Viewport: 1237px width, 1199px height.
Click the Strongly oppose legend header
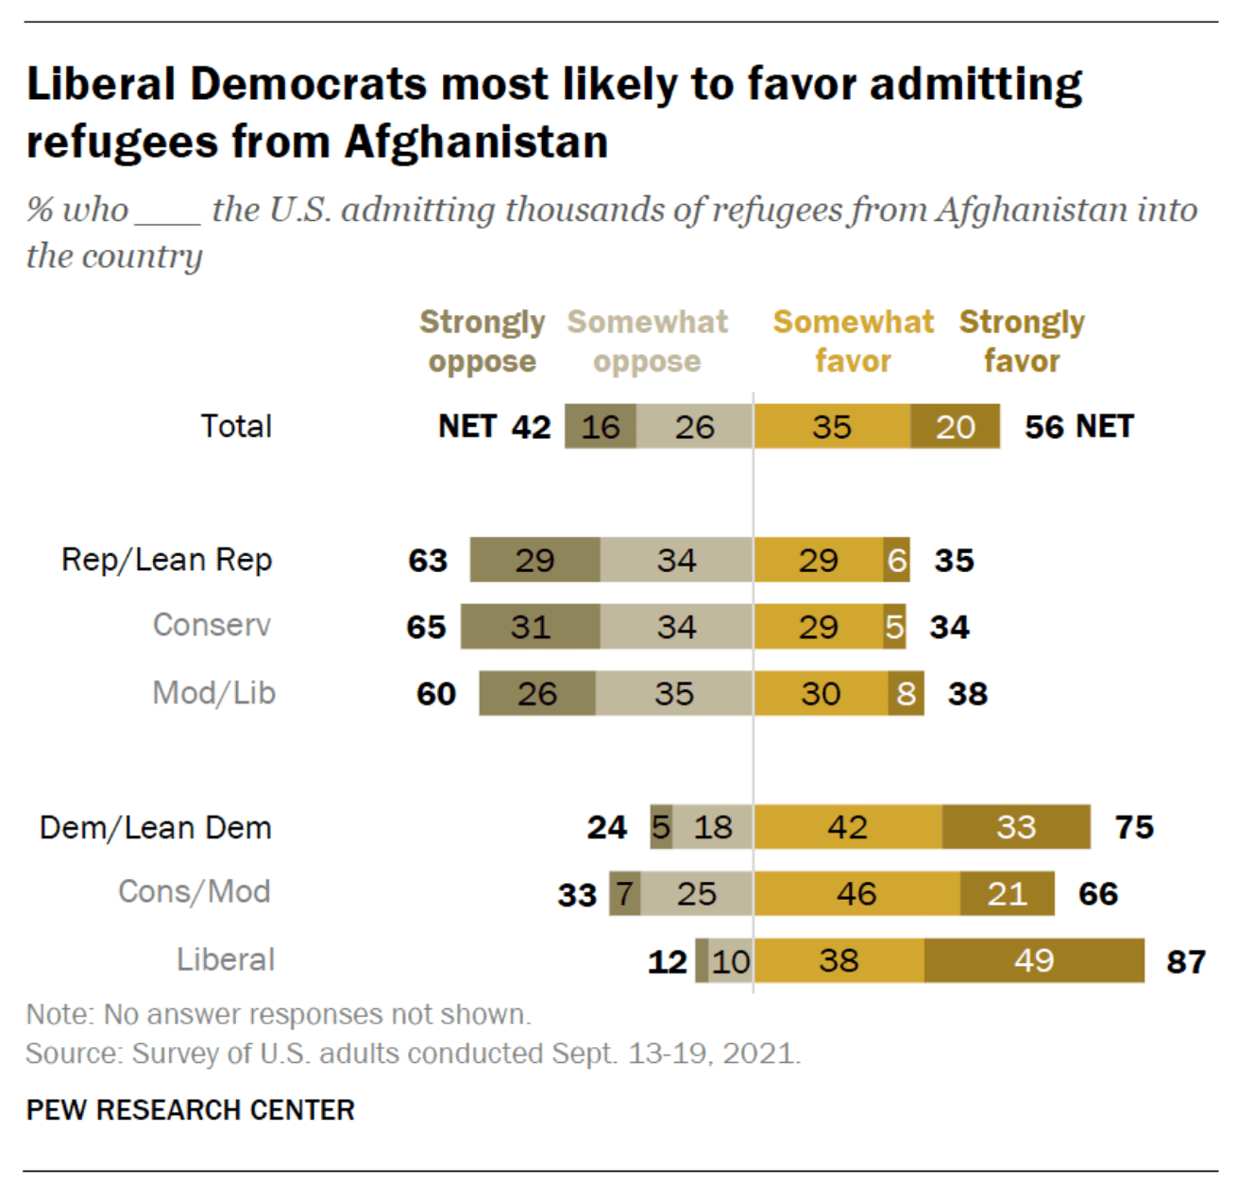(482, 342)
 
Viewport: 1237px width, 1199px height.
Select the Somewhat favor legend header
(853, 342)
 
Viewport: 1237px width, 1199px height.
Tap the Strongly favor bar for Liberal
(1034, 960)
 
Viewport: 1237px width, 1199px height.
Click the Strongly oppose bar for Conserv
(530, 627)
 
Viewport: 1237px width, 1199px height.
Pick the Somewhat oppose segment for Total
(694, 427)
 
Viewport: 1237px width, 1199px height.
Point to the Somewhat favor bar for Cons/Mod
(856, 893)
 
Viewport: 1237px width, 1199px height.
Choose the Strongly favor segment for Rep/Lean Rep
(897, 560)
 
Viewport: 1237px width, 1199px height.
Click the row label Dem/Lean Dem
(156, 828)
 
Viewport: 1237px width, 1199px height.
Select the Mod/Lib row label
(213, 693)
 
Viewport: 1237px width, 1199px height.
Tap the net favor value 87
(1186, 962)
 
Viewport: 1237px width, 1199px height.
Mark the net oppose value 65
(426, 627)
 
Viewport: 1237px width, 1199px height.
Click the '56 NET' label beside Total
(1079, 427)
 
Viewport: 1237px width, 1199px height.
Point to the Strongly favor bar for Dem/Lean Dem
(1016, 827)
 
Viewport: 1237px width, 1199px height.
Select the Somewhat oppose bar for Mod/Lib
(674, 693)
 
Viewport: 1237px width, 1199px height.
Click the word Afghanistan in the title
(476, 143)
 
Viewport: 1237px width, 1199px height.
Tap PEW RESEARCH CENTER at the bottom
(191, 1110)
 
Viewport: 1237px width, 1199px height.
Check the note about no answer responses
(279, 1015)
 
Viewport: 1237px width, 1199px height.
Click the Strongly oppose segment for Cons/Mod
(625, 893)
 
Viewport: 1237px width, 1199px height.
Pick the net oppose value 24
(606, 828)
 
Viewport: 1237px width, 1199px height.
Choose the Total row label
(236, 427)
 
